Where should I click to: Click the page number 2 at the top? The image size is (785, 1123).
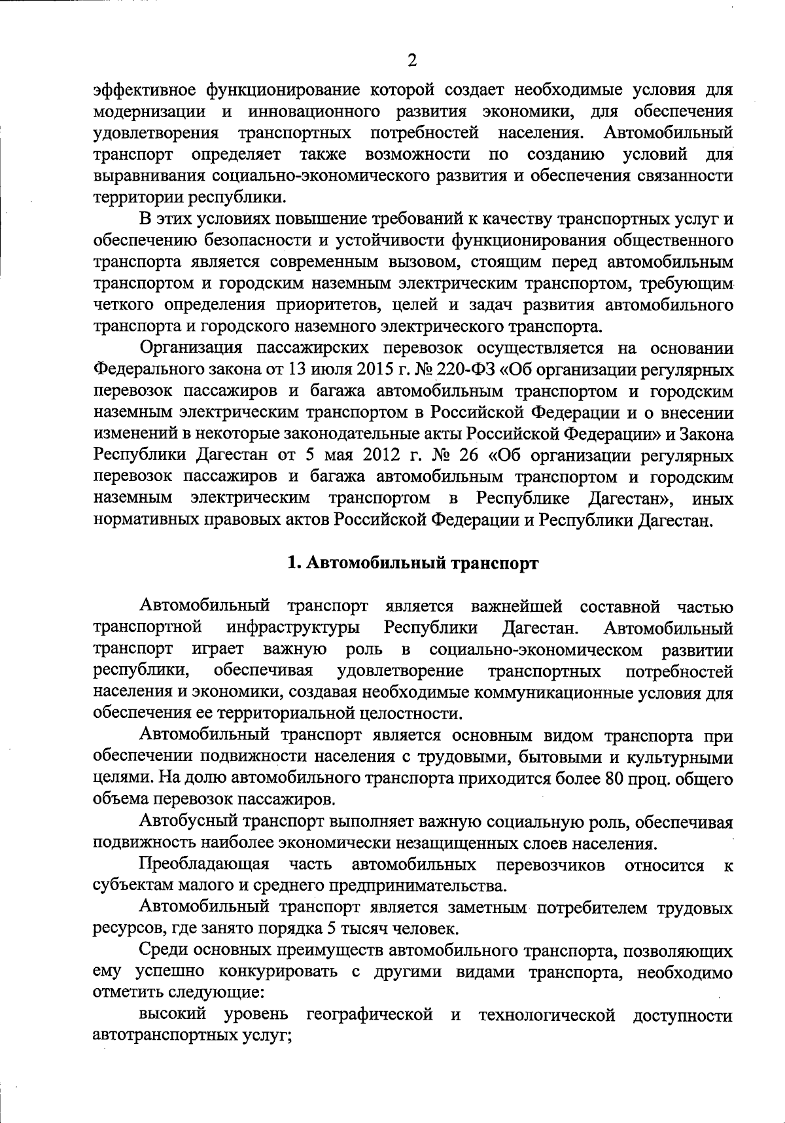(x=411, y=61)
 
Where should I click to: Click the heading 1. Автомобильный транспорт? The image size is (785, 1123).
(x=413, y=563)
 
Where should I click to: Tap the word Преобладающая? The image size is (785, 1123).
(x=204, y=865)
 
